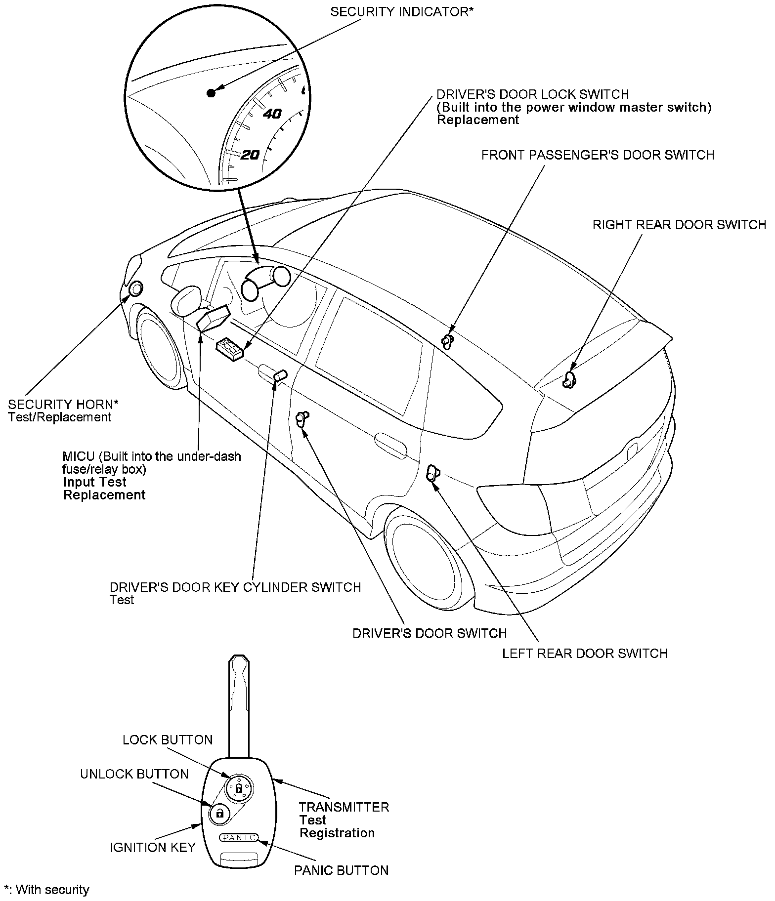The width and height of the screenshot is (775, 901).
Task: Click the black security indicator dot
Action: pos(211,93)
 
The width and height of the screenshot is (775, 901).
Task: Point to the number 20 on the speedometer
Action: pos(250,155)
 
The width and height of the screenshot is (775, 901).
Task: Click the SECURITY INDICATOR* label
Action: pos(402,12)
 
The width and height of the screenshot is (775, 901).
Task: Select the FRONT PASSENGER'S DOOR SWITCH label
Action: pos(598,155)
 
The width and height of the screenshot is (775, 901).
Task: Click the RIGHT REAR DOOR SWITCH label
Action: pos(679,225)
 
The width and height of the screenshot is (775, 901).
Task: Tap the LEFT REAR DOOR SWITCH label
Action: pos(585,653)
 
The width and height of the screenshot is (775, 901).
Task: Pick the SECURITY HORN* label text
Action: pos(63,405)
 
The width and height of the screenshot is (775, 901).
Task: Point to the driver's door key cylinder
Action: pos(280,376)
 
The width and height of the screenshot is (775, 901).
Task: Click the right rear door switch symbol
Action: pos(569,379)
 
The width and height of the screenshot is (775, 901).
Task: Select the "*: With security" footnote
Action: pos(46,890)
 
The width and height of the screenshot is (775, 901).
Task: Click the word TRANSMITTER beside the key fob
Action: pos(344,807)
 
